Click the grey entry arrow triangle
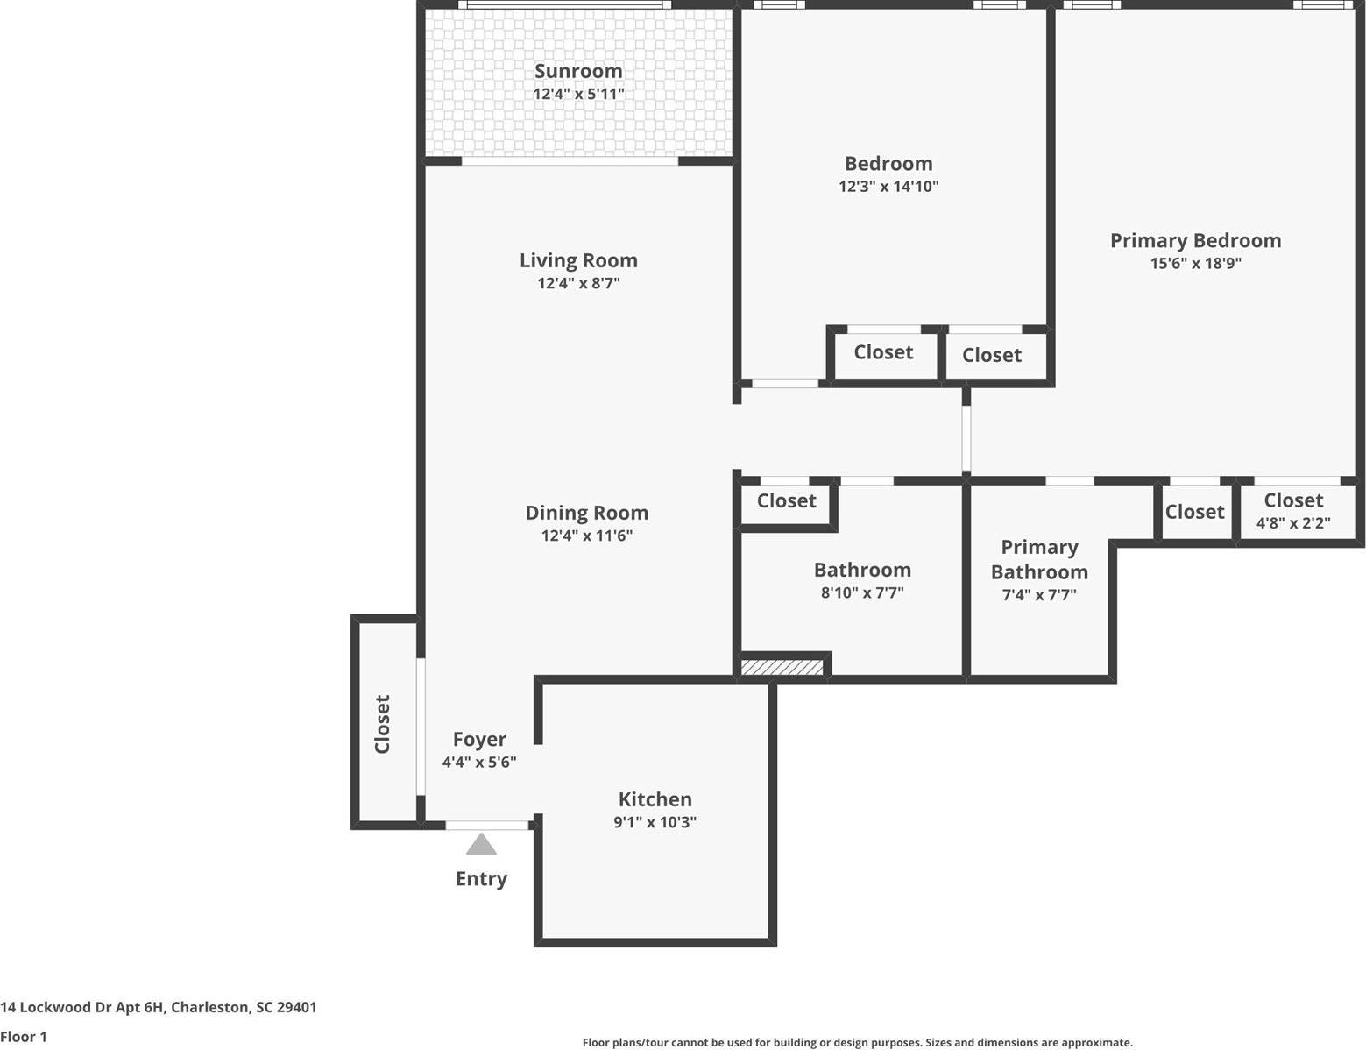pyautogui.click(x=481, y=844)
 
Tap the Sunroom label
pyautogui.click(x=578, y=71)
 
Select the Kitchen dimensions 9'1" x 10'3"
pyautogui.click(x=655, y=822)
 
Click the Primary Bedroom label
pyautogui.click(x=1195, y=240)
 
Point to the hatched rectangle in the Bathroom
pyautogui.click(x=782, y=668)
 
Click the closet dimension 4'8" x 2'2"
pyautogui.click(x=1293, y=523)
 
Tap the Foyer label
pyautogui.click(x=479, y=739)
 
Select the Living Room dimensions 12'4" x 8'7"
pyautogui.click(x=578, y=283)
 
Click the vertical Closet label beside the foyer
pyautogui.click(x=382, y=724)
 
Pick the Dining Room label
pyautogui.click(x=586, y=513)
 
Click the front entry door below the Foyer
pyautogui.click(x=487, y=825)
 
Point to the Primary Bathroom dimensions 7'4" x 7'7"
pyautogui.click(x=1039, y=595)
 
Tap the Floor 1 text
pyautogui.click(x=24, y=1037)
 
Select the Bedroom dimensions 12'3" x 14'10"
pyautogui.click(x=888, y=186)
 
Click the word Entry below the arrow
pyautogui.click(x=481, y=878)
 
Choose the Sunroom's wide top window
pyautogui.click(x=565, y=5)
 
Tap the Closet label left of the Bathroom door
pyautogui.click(x=786, y=500)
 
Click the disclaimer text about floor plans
pyautogui.click(x=857, y=1042)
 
